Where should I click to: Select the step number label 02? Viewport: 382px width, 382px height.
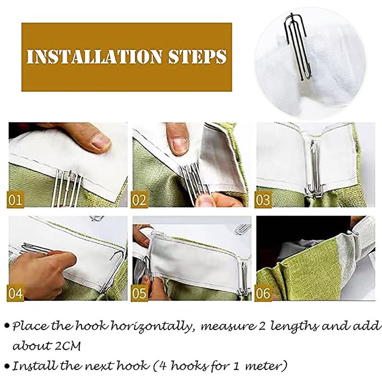pyautogui.click(x=140, y=199)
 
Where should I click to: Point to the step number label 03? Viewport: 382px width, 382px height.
pyautogui.click(x=263, y=199)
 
